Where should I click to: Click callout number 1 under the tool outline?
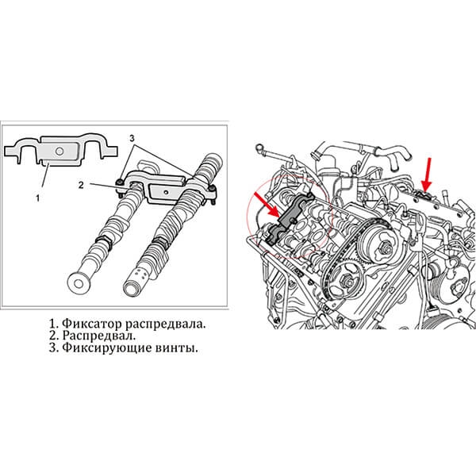point(37,198)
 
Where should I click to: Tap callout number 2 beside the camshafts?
point(81,185)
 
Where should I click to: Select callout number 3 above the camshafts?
point(132,138)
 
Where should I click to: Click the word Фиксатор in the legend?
point(92,324)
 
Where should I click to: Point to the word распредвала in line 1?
point(165,324)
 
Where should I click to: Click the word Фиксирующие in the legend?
point(106,348)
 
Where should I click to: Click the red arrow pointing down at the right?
point(428,175)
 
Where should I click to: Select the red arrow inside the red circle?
point(267,204)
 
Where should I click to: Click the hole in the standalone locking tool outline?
point(59,151)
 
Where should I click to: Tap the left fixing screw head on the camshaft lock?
point(120,182)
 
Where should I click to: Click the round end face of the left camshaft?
point(79,283)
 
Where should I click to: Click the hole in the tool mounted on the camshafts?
point(166,192)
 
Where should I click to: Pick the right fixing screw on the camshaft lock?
point(213,190)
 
